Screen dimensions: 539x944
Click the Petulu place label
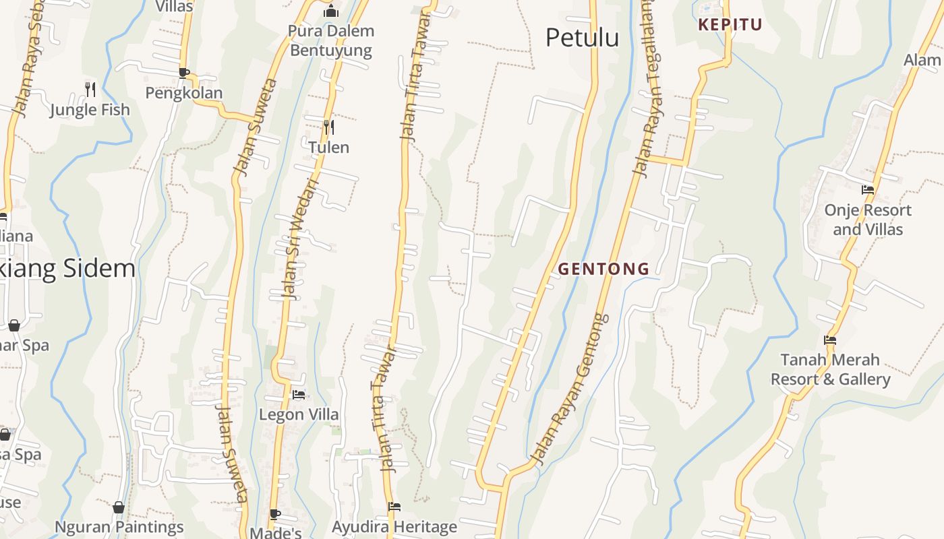[x=582, y=38]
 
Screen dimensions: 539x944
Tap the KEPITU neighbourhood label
[x=730, y=25]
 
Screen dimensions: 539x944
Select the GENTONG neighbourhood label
[x=603, y=269]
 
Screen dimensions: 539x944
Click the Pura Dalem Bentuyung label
[x=331, y=40]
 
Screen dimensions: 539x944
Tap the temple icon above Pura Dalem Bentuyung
[x=330, y=11]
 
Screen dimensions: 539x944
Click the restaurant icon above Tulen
[x=328, y=126]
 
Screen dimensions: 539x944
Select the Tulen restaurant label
[x=328, y=147]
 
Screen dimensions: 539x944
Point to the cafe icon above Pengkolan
[x=183, y=73]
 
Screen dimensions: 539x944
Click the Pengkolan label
[x=184, y=93]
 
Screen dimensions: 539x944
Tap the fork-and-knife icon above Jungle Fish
[x=90, y=89]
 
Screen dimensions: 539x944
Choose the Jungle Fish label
[x=90, y=109]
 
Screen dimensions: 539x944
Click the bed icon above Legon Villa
[x=299, y=394]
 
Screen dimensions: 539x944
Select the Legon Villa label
[x=299, y=414]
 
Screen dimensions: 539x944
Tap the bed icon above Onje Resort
[x=868, y=190]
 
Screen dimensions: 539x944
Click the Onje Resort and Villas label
[x=868, y=220]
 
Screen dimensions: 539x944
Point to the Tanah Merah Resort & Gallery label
[x=830, y=369]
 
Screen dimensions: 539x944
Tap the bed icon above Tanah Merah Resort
[x=830, y=340]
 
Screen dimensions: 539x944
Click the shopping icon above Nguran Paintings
[x=119, y=507]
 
